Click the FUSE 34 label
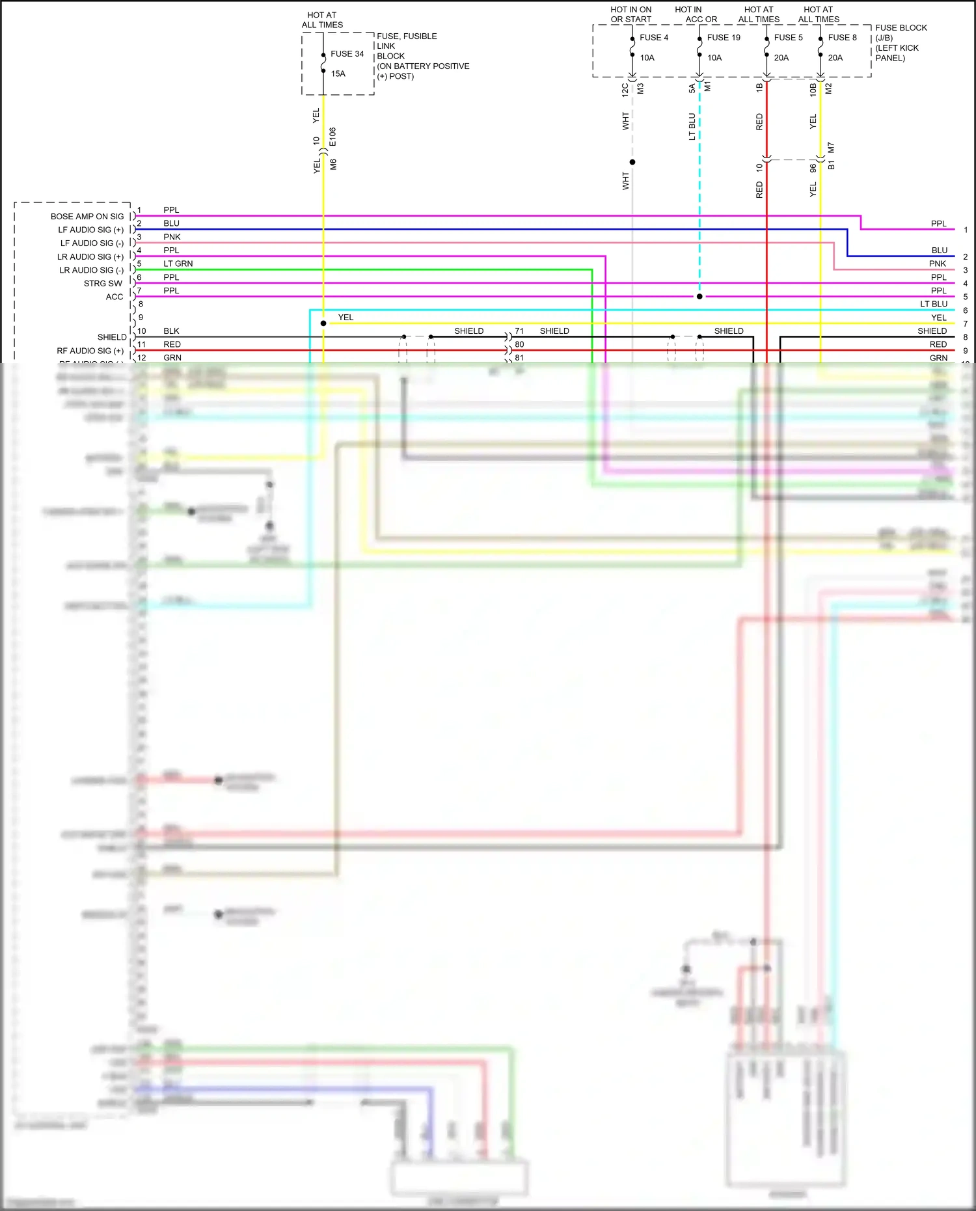(347, 54)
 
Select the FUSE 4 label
(654, 38)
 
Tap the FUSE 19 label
(723, 38)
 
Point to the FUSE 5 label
(788, 38)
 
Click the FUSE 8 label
(842, 38)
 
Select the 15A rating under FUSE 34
(338, 74)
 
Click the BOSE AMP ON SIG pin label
(87, 217)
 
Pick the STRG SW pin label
(103, 284)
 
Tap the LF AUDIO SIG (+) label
(90, 230)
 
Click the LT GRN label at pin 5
(178, 264)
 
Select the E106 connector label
(332, 137)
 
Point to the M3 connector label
(640, 88)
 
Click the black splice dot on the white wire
(632, 162)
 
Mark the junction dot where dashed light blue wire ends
(699, 297)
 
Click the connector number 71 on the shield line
(519, 331)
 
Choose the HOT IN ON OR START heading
(630, 14)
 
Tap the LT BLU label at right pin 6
(933, 304)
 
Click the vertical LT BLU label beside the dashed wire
(692, 127)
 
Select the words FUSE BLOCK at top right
(901, 28)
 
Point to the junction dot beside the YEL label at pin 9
(323, 323)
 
